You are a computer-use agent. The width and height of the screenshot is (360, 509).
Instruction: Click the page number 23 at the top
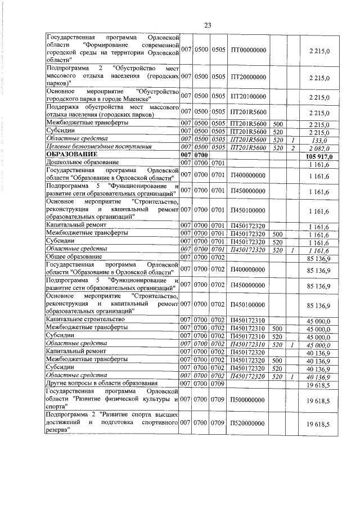click(207, 25)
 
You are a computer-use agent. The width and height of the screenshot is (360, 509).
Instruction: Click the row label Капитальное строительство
click(84, 319)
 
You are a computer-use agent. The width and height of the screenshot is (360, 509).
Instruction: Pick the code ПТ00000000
click(249, 51)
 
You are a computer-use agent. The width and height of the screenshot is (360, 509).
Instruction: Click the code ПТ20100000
click(249, 96)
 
